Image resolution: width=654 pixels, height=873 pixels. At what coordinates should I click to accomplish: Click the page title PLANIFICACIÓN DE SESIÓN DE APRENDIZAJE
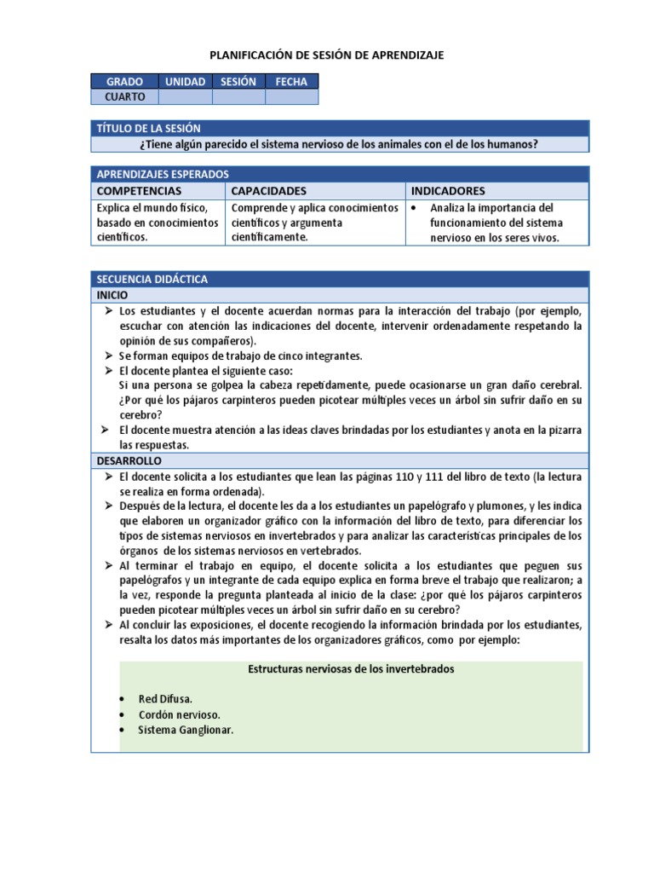(x=327, y=55)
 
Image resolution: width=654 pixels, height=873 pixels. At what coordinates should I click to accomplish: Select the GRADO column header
(x=124, y=82)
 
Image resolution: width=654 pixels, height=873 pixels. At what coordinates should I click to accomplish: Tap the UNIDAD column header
(x=185, y=82)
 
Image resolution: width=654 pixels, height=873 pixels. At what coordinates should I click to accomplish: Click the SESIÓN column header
(x=238, y=82)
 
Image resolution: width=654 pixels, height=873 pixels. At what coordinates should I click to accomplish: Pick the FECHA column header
(x=291, y=82)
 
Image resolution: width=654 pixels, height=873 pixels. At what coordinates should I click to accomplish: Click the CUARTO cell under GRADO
(x=124, y=97)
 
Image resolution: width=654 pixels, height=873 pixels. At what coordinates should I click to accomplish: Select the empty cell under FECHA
(x=291, y=97)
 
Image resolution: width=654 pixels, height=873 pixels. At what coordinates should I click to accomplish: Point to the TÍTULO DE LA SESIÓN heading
(x=149, y=128)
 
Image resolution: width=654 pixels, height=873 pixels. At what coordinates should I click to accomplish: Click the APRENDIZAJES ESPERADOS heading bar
(x=163, y=173)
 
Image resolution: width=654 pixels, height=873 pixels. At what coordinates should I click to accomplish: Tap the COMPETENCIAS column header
(x=139, y=191)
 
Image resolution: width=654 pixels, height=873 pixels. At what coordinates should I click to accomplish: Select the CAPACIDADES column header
(x=268, y=191)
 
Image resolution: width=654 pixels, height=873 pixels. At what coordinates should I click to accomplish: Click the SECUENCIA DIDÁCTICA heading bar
(x=152, y=280)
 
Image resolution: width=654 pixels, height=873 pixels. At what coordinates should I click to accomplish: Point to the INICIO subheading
(x=112, y=294)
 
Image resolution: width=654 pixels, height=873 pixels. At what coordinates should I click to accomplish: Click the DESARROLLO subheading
(x=127, y=460)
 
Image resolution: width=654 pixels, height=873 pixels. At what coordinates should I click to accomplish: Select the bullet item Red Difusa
(x=165, y=699)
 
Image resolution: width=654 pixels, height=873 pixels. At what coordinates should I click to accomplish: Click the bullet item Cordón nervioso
(x=179, y=714)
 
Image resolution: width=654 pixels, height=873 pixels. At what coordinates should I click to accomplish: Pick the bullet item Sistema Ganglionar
(x=186, y=730)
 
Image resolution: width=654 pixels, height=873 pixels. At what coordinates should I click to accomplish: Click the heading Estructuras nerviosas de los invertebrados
(x=350, y=669)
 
